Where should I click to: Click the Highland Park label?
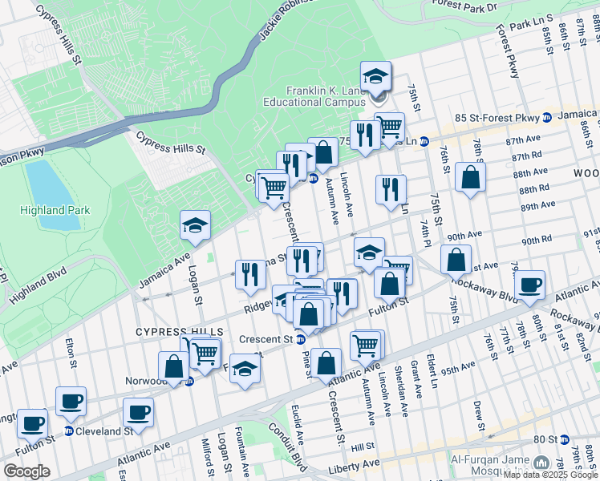[x=55, y=210]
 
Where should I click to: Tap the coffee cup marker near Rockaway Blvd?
[x=529, y=285]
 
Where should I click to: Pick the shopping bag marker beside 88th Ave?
[x=470, y=176]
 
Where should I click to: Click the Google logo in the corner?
[x=26, y=471]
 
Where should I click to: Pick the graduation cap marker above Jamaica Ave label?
[x=195, y=226]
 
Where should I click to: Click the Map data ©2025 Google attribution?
[x=550, y=475]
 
